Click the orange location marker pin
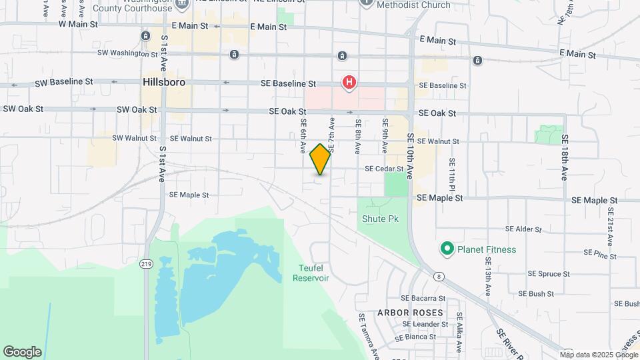tap(321, 159)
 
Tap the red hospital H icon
tap(349, 83)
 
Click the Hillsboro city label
tap(163, 82)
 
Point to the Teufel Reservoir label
tap(311, 273)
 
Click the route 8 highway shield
tap(438, 275)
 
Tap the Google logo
tap(22, 352)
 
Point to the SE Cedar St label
tap(384, 169)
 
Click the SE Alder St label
tap(523, 229)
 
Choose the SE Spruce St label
tap(549, 273)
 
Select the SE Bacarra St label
tap(423, 298)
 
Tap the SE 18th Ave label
tap(565, 157)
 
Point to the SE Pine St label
tap(600, 253)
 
